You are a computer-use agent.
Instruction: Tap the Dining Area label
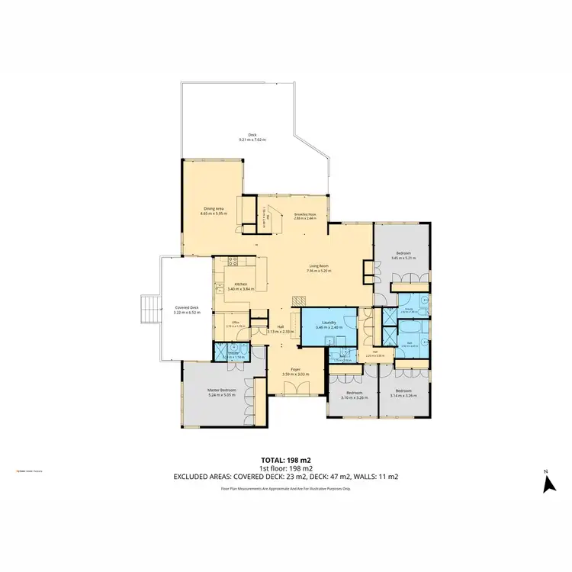[x=214, y=208]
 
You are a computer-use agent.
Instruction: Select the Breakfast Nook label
[x=305, y=214]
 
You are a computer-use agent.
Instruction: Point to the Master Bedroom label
[x=222, y=390]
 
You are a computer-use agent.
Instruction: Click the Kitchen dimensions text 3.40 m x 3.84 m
[x=237, y=289]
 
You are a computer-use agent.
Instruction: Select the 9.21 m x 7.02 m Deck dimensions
[x=252, y=140]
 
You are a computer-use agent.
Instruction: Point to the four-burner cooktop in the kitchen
[x=234, y=262]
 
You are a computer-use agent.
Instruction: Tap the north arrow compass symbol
[x=547, y=482]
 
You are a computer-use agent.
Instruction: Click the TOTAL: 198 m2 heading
[x=285, y=460]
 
